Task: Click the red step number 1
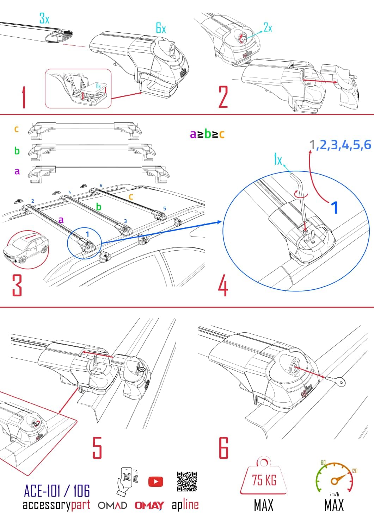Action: [24, 98]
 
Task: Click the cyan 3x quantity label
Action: [44, 18]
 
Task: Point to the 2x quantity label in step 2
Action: [268, 28]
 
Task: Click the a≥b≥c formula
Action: [207, 134]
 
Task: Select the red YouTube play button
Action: [155, 481]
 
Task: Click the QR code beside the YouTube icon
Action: [187, 481]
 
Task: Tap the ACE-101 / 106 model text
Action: [57, 490]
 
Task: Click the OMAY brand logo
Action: [149, 505]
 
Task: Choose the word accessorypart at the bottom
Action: [56, 505]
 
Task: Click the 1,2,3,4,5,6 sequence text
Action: [340, 144]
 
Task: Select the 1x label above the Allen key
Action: [278, 160]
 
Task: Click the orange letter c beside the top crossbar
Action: [16, 129]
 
